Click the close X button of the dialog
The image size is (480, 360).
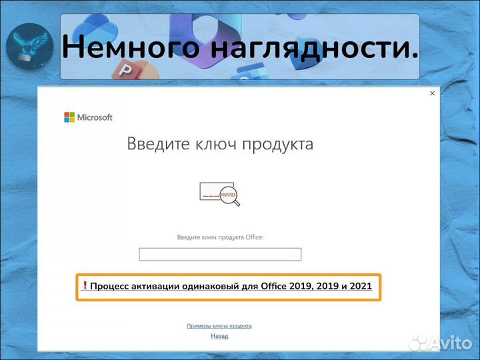pyautogui.click(x=432, y=93)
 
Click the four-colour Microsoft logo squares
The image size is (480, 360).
pyautogui.click(x=69, y=117)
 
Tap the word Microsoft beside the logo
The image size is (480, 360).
pyautogui.click(x=95, y=117)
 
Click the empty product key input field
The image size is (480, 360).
pyautogui.click(x=220, y=254)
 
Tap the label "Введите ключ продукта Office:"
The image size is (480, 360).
pyautogui.click(x=220, y=237)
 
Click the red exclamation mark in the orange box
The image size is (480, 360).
pyautogui.click(x=85, y=287)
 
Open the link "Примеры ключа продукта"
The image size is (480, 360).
pyautogui.click(x=219, y=326)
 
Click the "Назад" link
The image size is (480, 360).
pyautogui.click(x=219, y=336)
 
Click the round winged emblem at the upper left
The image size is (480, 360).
pyautogui.click(x=29, y=47)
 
